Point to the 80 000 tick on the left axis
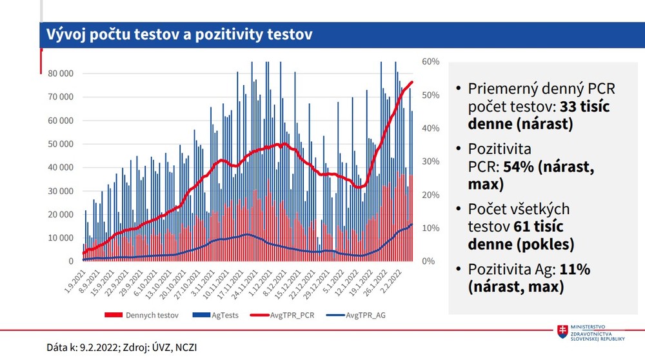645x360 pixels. tap(61, 74)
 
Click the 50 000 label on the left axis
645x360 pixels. tap(61, 144)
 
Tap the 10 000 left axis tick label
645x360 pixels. tap(61, 238)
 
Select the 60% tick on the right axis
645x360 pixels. tap(431, 62)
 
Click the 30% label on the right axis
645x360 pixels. tap(431, 162)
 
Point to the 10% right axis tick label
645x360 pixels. tap(431, 228)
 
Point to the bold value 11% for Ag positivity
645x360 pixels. tap(574, 270)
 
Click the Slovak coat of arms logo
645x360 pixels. tap(563, 330)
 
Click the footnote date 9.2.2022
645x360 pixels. tap(99, 347)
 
